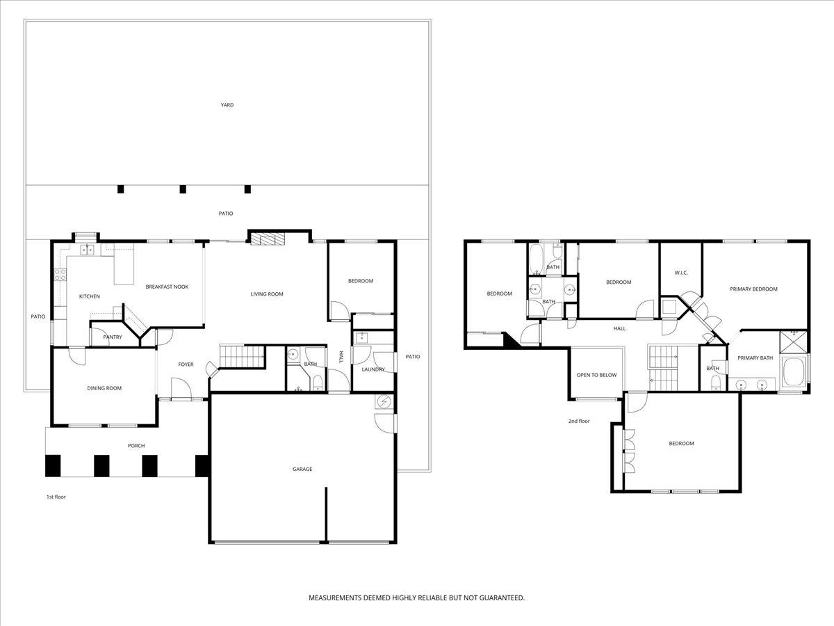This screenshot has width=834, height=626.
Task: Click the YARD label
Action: click(x=227, y=105)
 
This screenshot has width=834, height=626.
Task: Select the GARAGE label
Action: click(x=302, y=469)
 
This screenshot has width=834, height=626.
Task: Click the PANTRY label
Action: click(x=113, y=337)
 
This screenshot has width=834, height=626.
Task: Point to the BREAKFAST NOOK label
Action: click(x=167, y=287)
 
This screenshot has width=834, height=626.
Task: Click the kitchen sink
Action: click(x=88, y=250)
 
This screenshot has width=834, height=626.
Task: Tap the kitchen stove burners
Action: click(x=60, y=275)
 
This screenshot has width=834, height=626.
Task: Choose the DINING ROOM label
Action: click(x=104, y=388)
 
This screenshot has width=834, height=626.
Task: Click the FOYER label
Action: click(x=186, y=364)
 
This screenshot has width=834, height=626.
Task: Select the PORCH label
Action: click(x=136, y=445)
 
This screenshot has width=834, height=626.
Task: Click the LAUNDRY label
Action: click(x=373, y=369)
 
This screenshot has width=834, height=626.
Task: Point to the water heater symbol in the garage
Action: click(x=384, y=401)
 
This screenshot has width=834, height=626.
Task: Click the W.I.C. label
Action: click(x=681, y=273)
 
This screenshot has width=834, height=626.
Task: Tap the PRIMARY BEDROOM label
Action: click(x=754, y=289)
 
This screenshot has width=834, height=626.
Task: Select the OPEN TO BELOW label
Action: click(x=596, y=375)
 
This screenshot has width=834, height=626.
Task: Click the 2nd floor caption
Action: click(x=579, y=421)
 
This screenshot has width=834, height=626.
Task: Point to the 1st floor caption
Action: click(x=56, y=497)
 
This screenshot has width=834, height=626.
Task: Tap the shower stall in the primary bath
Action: click(x=794, y=342)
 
